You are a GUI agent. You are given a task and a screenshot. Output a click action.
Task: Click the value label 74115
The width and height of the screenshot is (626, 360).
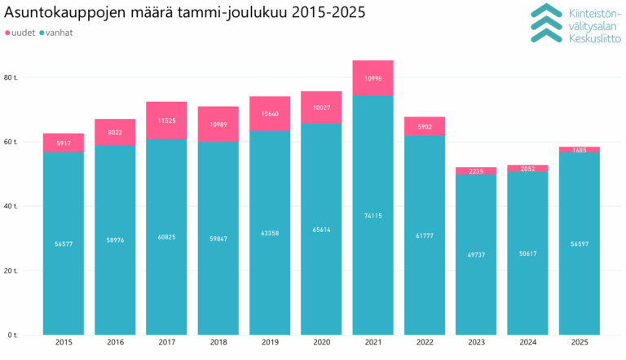[373, 215]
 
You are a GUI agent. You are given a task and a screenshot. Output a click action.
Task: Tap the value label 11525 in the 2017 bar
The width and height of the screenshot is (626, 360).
[167, 121]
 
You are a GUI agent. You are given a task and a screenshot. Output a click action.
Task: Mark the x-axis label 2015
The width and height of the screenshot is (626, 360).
[64, 344]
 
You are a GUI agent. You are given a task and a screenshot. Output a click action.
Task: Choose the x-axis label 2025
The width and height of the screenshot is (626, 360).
[579, 344]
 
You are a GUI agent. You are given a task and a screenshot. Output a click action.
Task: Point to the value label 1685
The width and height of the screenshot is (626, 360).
[579, 150]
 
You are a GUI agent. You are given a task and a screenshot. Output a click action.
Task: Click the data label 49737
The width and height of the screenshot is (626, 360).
[476, 254]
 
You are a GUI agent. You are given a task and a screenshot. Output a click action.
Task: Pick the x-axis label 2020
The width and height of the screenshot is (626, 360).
[321, 344]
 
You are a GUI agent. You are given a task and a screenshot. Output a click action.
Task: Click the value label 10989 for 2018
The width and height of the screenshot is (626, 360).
[218, 125]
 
